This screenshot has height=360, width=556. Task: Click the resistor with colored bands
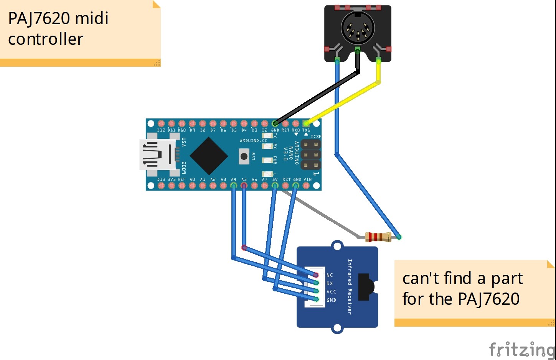tap(378, 237)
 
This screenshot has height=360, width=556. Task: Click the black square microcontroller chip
tap(209, 156)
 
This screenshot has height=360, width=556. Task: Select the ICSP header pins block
tap(311, 155)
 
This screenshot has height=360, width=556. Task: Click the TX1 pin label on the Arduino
tap(306, 130)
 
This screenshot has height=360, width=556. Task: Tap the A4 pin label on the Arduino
tap(233, 179)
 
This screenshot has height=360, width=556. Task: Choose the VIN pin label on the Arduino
tap(308, 179)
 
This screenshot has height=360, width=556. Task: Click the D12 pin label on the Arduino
tap(161, 130)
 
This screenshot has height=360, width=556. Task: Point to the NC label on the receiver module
tap(330, 275)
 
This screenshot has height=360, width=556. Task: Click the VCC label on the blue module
tap(331, 292)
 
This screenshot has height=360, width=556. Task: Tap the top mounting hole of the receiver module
tap(337, 246)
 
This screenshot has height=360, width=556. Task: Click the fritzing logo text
tap(522, 350)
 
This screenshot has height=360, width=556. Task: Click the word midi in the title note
tap(92, 18)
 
